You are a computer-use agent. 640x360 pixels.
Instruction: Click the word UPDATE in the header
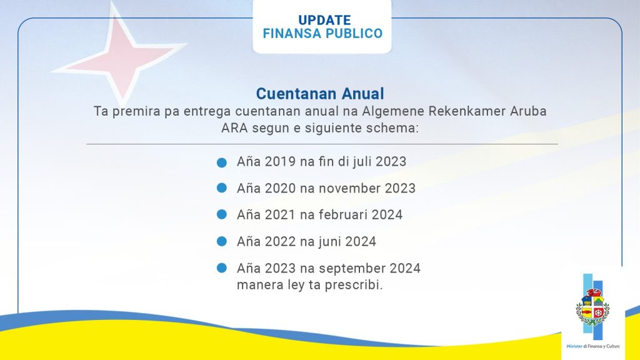324,20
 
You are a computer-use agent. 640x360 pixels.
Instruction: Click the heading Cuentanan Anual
320,94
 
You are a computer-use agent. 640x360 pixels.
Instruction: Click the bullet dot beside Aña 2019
222,162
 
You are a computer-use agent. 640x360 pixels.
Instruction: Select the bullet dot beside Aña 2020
222,187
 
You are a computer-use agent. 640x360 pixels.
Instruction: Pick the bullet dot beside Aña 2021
222,214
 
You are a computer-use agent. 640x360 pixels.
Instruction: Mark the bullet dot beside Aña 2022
222,241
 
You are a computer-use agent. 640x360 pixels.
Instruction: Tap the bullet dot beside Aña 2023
222,267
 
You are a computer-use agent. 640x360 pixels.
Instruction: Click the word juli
362,162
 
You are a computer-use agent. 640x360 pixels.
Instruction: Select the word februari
343,215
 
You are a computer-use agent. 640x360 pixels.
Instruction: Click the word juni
330,242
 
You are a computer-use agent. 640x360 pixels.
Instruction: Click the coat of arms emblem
592,307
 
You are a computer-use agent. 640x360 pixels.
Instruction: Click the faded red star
119,56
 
